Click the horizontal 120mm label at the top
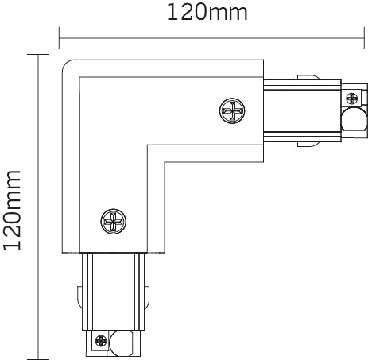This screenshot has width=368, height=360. [x=206, y=14]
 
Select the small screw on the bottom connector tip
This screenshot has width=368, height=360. [x=100, y=343]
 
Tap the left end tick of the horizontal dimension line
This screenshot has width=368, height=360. [x=60, y=35]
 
